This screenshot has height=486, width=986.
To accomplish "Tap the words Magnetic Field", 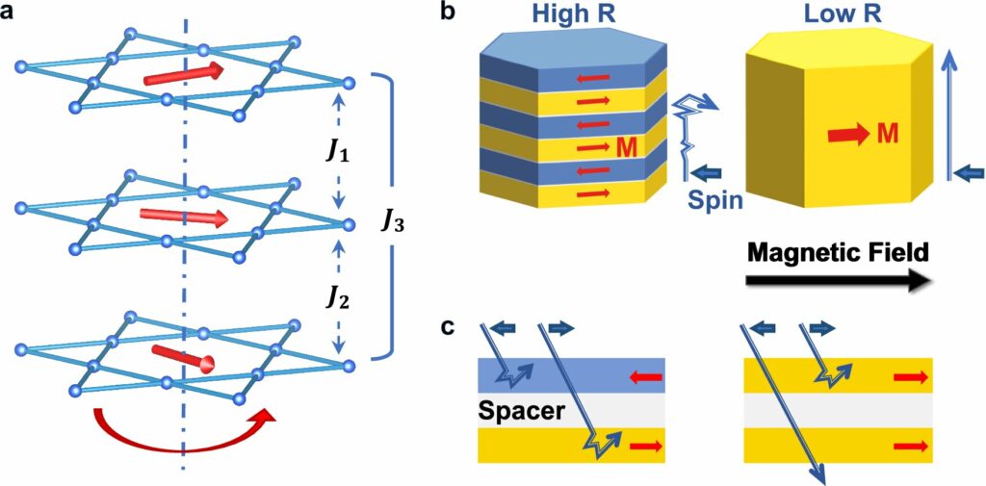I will click(x=837, y=253).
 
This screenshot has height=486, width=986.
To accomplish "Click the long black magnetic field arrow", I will click(x=837, y=281).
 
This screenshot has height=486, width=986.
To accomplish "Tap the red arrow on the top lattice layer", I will click(x=183, y=74).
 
